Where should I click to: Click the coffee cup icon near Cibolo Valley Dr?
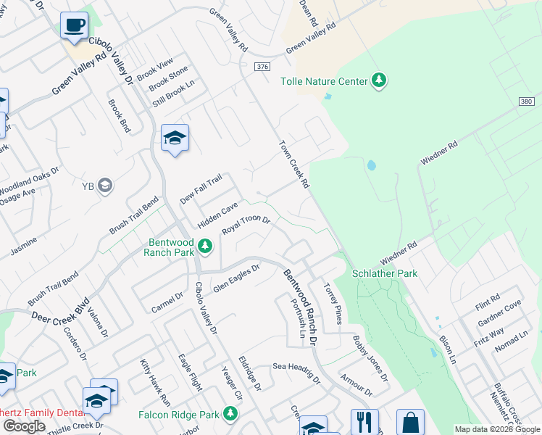click(74, 26)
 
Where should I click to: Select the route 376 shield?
click(262, 67)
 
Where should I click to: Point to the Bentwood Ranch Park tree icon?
click(206, 247)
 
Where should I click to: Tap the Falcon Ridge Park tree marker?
click(230, 414)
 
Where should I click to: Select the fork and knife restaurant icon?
click(364, 422)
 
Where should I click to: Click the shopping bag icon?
click(410, 423)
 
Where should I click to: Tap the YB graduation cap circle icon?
click(105, 186)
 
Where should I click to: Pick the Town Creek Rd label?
click(294, 163)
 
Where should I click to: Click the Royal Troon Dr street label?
click(246, 225)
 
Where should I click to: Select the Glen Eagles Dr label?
click(235, 279)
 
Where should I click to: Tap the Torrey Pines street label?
click(333, 303)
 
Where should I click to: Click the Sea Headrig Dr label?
click(296, 371)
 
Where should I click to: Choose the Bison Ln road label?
click(447, 349)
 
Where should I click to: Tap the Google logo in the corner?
click(24, 426)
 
